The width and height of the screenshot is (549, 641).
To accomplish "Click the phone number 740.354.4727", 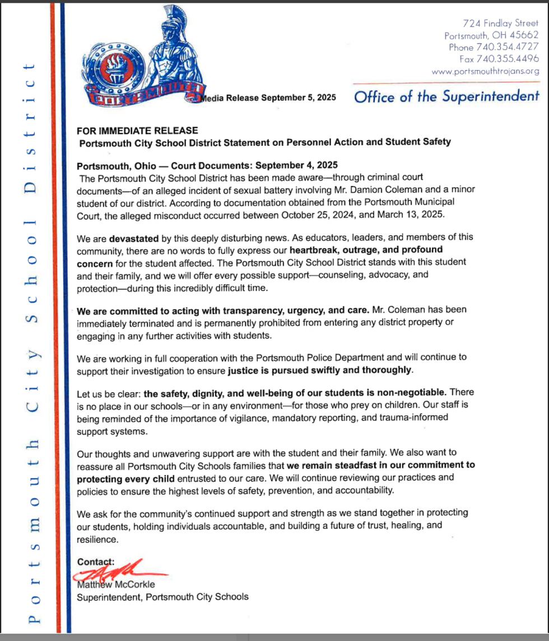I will [507, 47].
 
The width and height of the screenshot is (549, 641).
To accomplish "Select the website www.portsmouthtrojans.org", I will [485, 71].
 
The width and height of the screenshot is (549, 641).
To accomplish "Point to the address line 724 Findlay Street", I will [500, 24].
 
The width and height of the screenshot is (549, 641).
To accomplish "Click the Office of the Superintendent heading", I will [446, 96].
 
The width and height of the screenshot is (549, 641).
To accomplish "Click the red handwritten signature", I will [120, 571].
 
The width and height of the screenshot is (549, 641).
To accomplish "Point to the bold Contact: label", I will [96, 561].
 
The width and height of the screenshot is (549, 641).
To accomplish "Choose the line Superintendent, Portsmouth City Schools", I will [162, 596].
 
